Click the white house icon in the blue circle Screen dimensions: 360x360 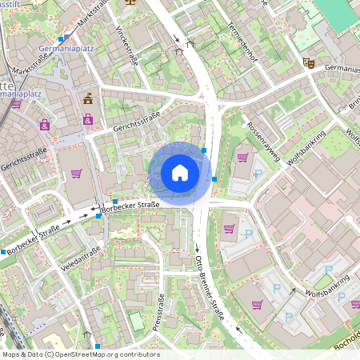tap(180, 173)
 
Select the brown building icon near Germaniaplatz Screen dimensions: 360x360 tap(87, 99)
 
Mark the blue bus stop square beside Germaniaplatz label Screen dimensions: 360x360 tap(62, 38)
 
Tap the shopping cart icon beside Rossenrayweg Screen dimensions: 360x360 tap(242, 158)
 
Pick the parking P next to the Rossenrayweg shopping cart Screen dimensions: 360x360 tap(258, 173)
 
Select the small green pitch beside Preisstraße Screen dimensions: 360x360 tap(137, 322)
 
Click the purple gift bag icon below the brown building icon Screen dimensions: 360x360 tap(87, 119)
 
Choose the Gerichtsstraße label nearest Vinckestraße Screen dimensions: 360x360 tap(136, 122)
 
